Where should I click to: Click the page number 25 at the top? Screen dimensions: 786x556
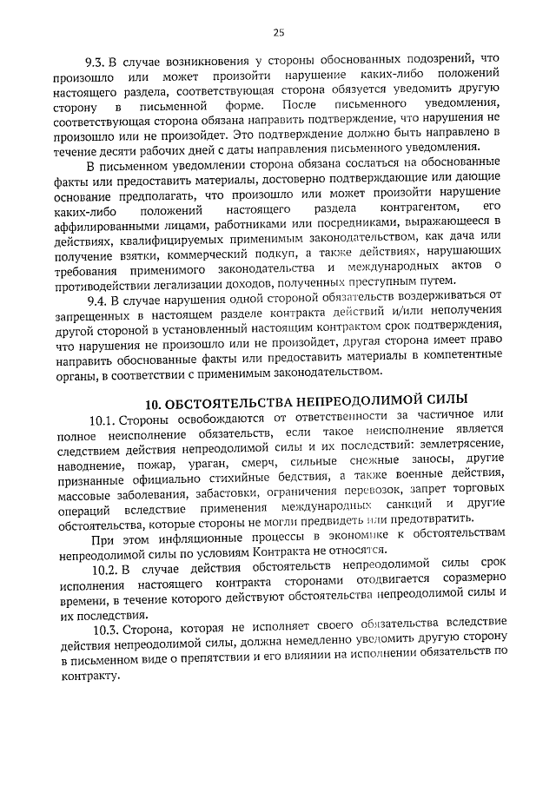click(278, 33)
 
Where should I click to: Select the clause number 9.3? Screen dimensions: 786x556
click(96, 62)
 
